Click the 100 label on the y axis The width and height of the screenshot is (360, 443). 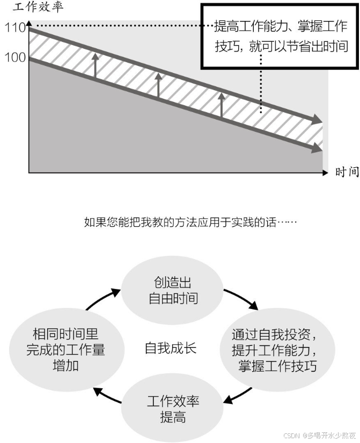click(x=15, y=57)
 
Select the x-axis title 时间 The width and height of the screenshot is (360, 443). click(x=347, y=172)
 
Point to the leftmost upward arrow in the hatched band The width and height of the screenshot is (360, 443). click(x=95, y=65)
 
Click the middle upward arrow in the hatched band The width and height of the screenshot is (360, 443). click(x=158, y=85)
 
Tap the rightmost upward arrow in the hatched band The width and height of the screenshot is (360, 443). click(x=221, y=105)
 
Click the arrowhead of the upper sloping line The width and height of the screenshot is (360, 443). click(x=318, y=120)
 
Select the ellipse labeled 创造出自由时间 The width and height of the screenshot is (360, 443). click(x=173, y=291)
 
